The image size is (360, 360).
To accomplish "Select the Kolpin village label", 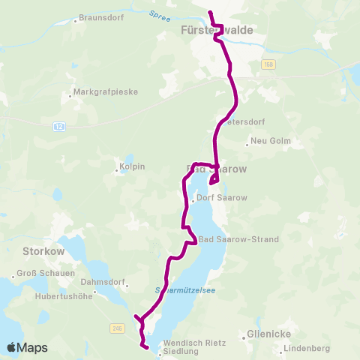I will (x=131, y=166).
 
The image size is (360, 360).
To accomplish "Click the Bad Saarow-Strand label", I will (x=238, y=239).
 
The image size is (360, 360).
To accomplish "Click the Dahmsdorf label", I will (x=102, y=282).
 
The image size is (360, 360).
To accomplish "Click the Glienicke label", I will (x=268, y=333).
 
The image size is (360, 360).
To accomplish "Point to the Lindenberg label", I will (x=307, y=349).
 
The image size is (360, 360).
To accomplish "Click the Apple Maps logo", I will (x=27, y=347).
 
